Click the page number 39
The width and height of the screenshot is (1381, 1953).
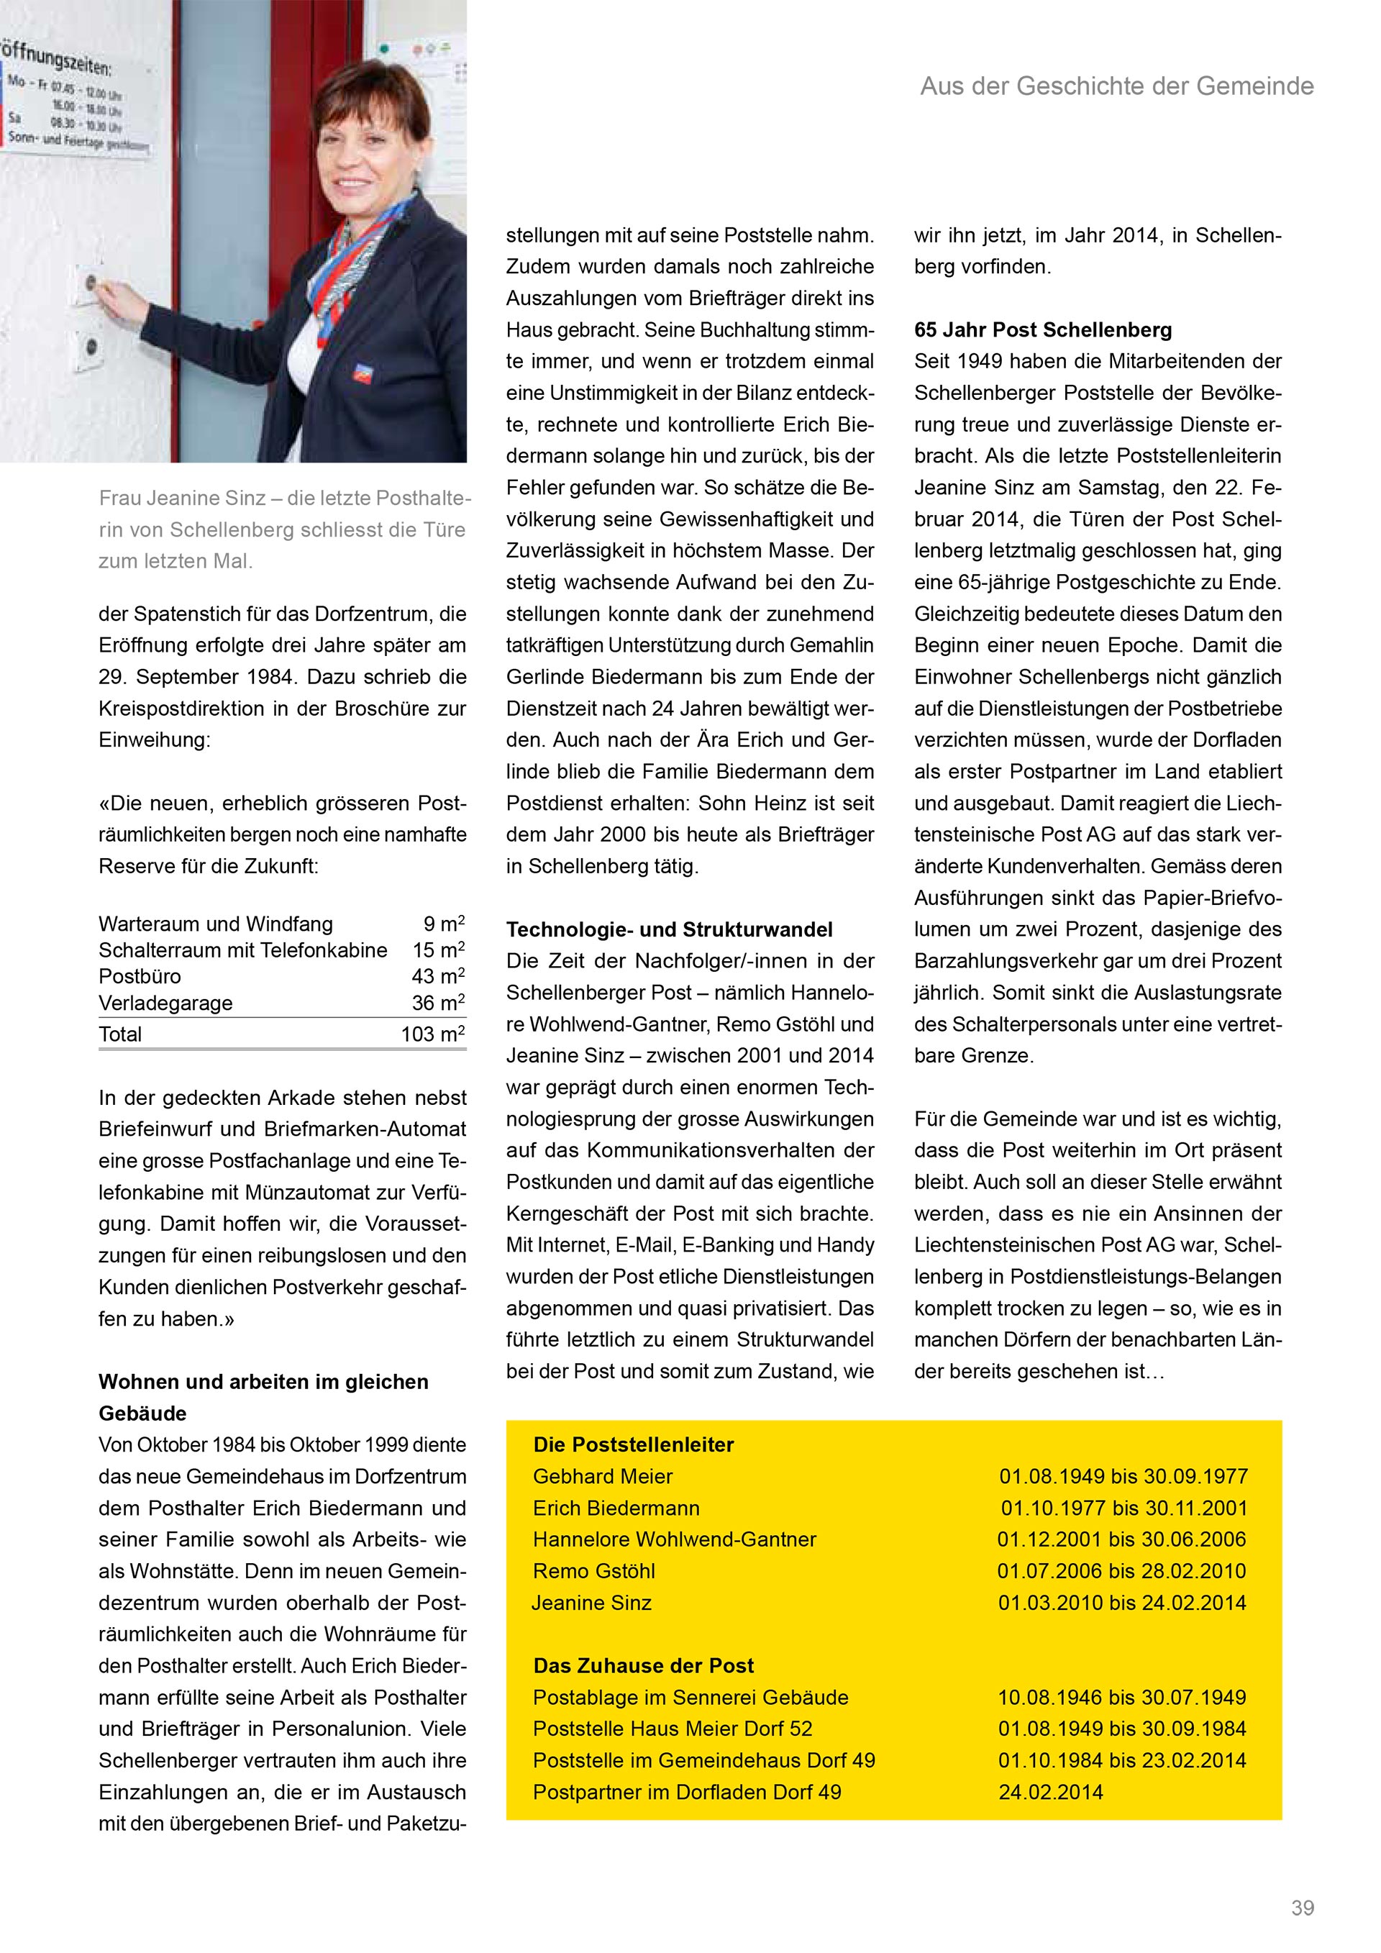(x=1302, y=1908)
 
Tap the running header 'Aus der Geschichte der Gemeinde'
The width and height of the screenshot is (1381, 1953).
(x=1116, y=86)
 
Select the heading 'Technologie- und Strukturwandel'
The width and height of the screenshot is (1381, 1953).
(x=669, y=929)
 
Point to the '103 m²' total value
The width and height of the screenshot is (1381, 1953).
(x=433, y=1034)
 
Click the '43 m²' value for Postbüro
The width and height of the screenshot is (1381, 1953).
(x=438, y=977)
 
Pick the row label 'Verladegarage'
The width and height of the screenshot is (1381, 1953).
(x=166, y=1003)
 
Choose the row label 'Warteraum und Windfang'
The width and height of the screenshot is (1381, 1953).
(x=216, y=924)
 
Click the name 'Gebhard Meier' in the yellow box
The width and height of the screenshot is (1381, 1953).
(x=603, y=1476)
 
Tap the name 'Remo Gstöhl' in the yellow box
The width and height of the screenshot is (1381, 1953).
(x=594, y=1571)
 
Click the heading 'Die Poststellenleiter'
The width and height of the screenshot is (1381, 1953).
(x=634, y=1444)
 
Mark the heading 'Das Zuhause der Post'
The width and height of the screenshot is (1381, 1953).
(x=644, y=1665)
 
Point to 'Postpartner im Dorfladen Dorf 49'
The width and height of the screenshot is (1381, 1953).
(x=687, y=1793)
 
